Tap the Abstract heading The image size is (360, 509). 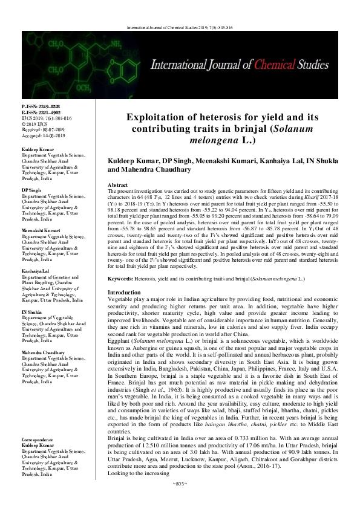coord(117,184)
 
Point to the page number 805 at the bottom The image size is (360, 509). coord(180,502)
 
